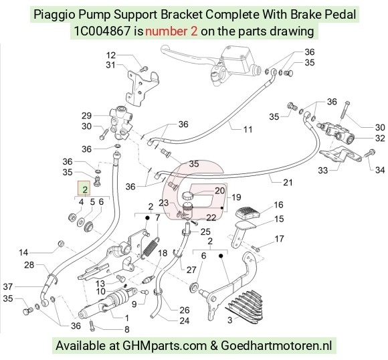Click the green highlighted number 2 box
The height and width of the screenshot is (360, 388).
point(84,188)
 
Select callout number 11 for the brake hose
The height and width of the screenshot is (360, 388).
point(248,130)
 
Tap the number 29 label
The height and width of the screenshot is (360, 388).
point(86,116)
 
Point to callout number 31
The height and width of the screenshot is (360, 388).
point(110,65)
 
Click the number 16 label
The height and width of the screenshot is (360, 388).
point(278,205)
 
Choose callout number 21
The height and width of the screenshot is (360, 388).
point(288,183)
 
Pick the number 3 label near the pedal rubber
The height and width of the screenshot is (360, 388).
point(230,320)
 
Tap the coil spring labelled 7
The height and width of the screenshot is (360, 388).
point(151,248)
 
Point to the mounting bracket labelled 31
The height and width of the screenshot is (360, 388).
point(142,88)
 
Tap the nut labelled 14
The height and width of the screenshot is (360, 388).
point(61,243)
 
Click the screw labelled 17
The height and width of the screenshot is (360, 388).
point(256,248)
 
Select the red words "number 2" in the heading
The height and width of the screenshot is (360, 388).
point(171,31)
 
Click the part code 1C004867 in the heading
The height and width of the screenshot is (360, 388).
point(102,31)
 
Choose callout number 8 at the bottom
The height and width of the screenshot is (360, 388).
point(126,329)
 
